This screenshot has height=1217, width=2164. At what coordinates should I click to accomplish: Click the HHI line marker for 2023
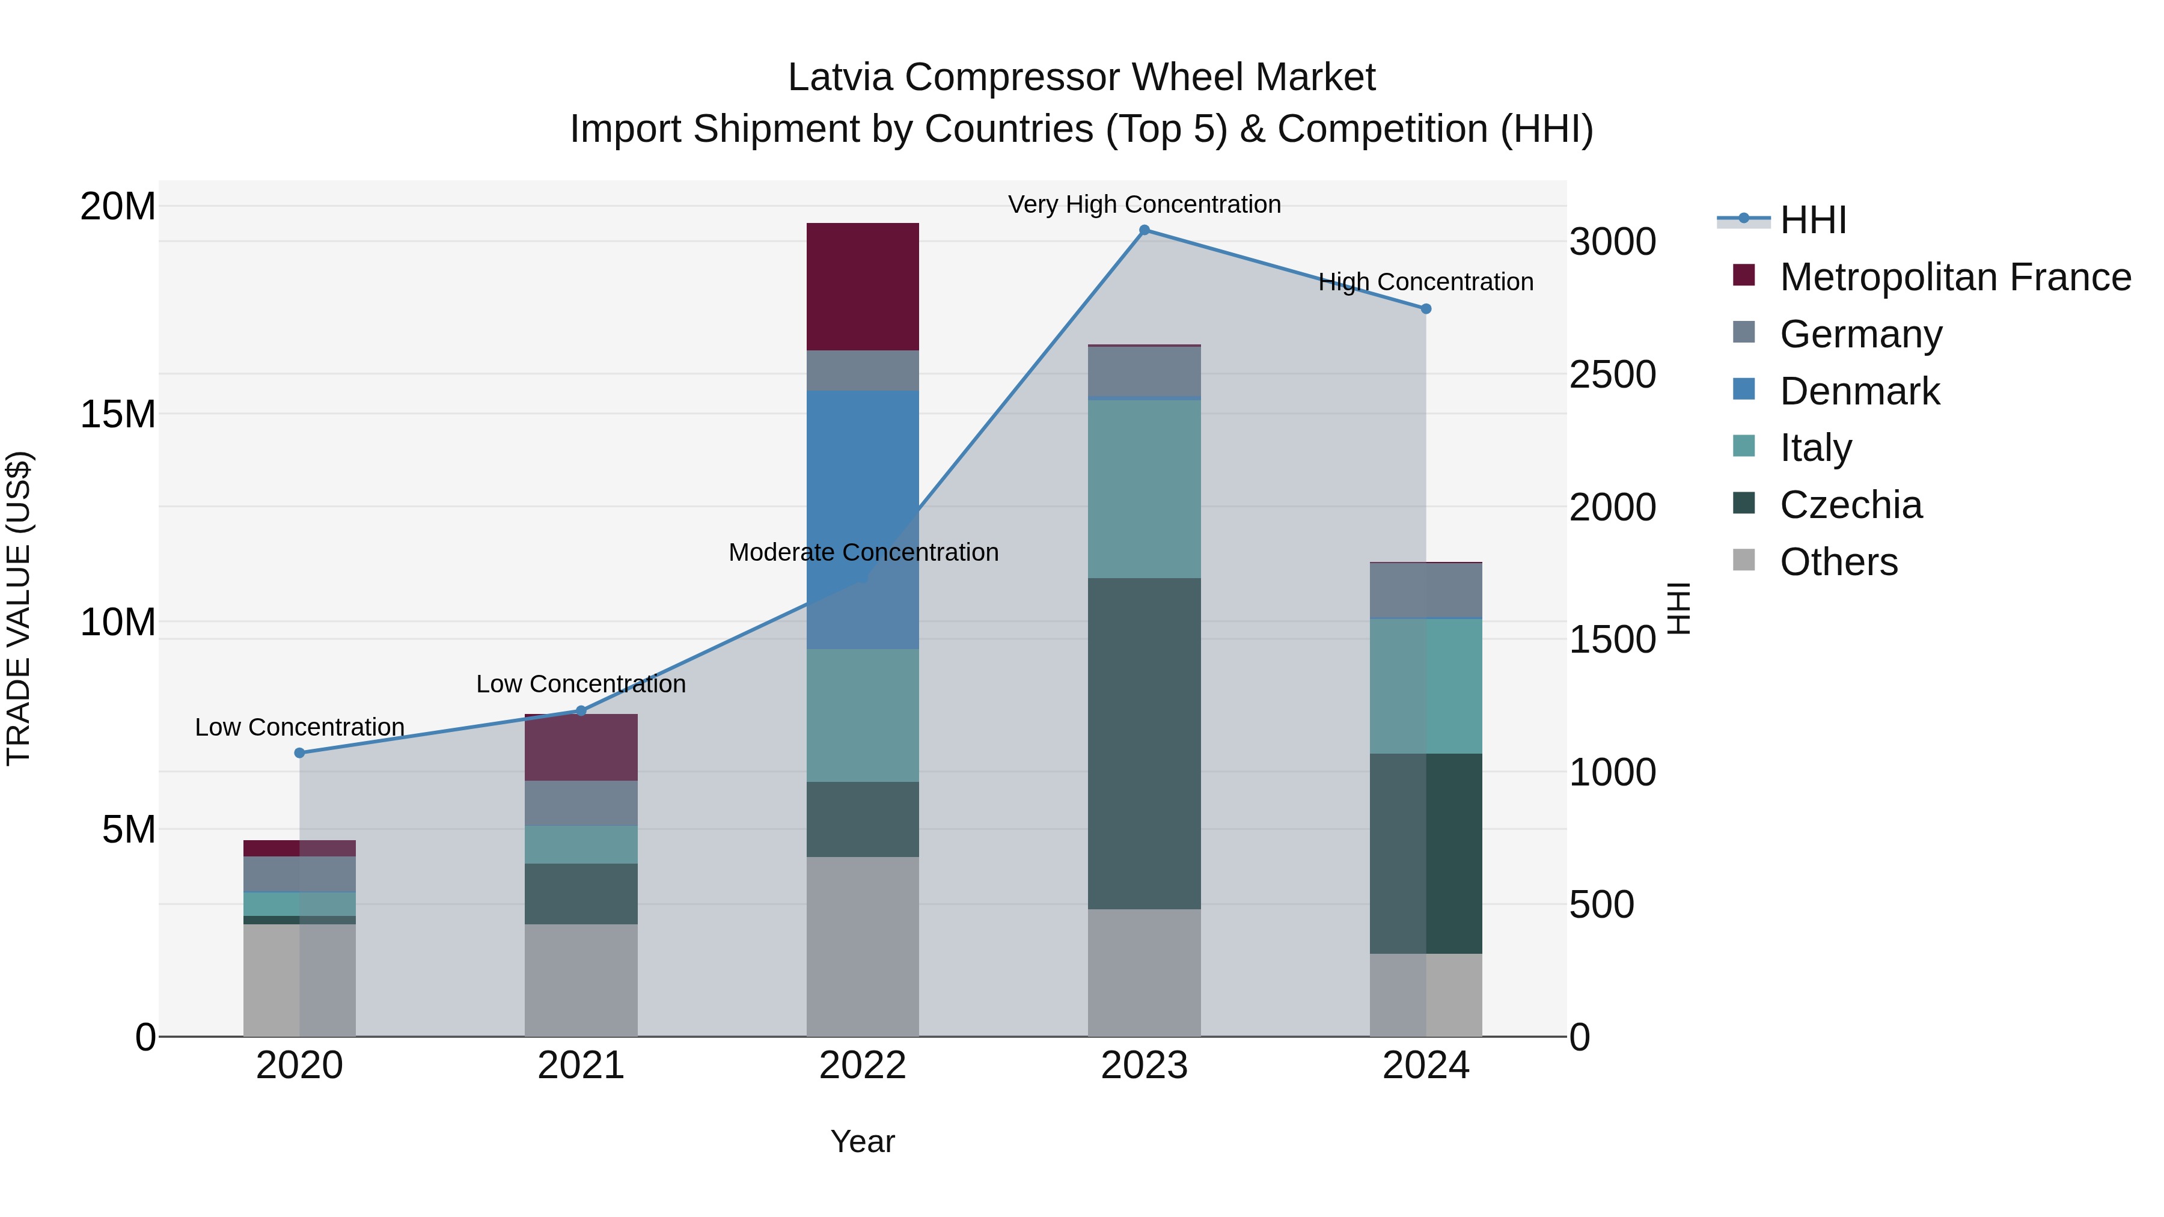1144,230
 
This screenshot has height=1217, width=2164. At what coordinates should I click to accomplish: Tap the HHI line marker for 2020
300,752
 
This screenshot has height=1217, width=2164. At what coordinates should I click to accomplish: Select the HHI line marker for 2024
1426,309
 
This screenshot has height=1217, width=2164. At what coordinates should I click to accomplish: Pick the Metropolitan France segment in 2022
863,287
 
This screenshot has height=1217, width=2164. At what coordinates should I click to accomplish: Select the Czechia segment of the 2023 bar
1144,743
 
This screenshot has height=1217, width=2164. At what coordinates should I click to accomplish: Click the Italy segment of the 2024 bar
1426,686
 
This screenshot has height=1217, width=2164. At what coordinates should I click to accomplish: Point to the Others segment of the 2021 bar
581,980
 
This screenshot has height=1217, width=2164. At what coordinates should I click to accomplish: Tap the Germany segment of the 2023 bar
1144,370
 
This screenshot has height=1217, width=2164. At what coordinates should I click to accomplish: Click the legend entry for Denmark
1859,391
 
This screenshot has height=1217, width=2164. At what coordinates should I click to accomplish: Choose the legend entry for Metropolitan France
1955,277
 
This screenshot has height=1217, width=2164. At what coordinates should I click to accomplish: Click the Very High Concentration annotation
1144,204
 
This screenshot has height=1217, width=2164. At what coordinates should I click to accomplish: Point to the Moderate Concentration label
863,553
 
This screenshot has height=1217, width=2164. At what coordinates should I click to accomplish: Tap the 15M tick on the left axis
118,414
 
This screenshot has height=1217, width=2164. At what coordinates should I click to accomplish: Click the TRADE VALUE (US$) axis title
19,608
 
